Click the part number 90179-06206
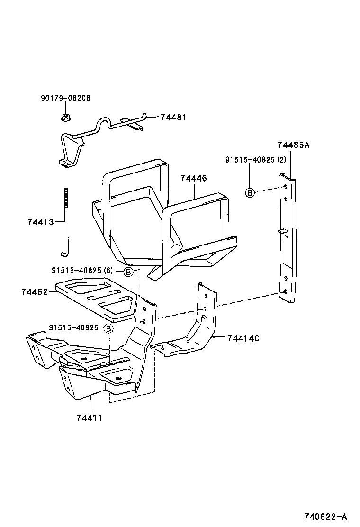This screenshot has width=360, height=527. (x=65, y=99)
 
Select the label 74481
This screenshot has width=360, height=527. (x=173, y=117)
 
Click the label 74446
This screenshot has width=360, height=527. (x=193, y=179)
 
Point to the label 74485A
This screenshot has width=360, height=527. (x=293, y=145)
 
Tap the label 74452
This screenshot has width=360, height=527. (x=34, y=292)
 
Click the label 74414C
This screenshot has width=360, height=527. (x=243, y=338)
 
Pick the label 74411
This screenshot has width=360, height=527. (x=89, y=418)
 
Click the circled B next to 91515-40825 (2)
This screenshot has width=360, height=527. (x=250, y=192)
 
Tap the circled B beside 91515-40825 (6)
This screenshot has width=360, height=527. (x=128, y=272)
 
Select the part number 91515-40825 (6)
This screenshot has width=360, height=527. (x=83, y=270)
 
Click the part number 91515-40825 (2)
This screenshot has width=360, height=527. (x=256, y=160)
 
